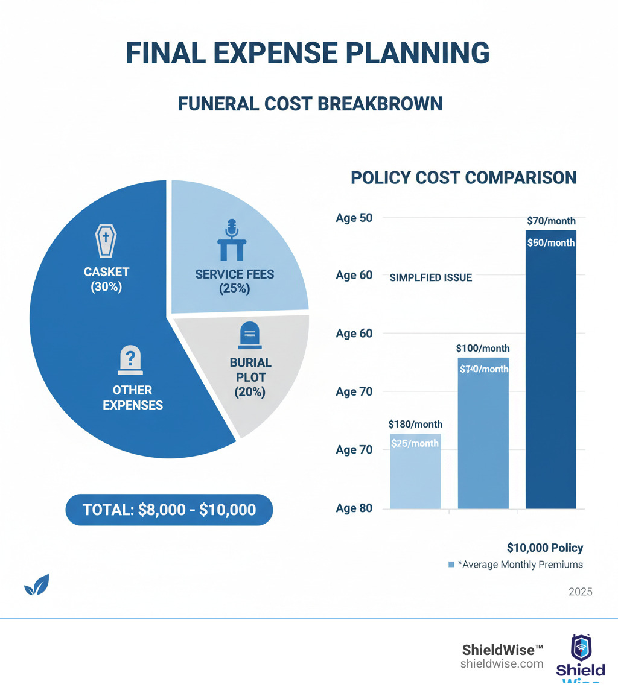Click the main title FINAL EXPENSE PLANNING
(308, 53)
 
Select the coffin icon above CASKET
(106, 241)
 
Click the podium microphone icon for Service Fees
(234, 240)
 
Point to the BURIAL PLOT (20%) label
(250, 377)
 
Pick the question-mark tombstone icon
(129, 360)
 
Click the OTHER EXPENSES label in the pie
(133, 397)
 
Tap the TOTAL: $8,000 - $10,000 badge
(169, 510)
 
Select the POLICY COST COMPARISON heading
(463, 177)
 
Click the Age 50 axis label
(354, 218)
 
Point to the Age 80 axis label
(354, 508)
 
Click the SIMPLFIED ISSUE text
(431, 278)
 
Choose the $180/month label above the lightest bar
(415, 424)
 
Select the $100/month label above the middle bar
(483, 348)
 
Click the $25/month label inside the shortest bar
(415, 443)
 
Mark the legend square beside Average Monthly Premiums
(451, 565)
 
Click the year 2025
(581, 592)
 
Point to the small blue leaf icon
(36, 585)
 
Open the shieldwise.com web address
(502, 663)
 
